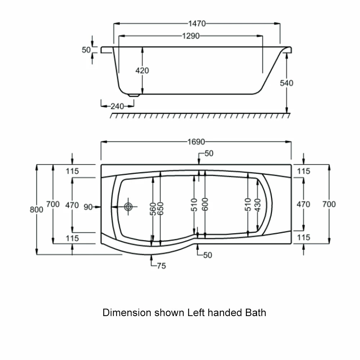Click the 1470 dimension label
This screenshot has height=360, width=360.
pyautogui.click(x=197, y=24)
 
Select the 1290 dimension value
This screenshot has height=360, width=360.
pyautogui.click(x=190, y=36)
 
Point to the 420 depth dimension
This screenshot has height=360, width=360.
pyautogui.click(x=142, y=71)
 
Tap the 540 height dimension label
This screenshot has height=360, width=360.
pyautogui.click(x=287, y=83)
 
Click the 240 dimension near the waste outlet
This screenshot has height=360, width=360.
pyautogui.click(x=117, y=106)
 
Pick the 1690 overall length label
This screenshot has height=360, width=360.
pyautogui.click(x=196, y=142)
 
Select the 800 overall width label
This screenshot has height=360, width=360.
pyautogui.click(x=36, y=210)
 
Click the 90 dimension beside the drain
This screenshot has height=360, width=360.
pyautogui.click(x=89, y=207)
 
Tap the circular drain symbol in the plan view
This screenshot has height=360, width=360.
pyautogui.click(x=129, y=207)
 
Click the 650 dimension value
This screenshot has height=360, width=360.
pyautogui.click(x=161, y=209)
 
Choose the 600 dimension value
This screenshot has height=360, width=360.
pyautogui.click(x=204, y=204)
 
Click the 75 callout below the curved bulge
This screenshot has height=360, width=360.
pyautogui.click(x=161, y=266)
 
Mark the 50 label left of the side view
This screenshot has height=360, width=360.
pyautogui.click(x=86, y=50)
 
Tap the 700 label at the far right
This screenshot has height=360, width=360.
pyautogui.click(x=329, y=204)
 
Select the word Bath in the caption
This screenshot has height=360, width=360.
pyautogui.click(x=256, y=312)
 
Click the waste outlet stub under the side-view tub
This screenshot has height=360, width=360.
pyautogui.click(x=134, y=95)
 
